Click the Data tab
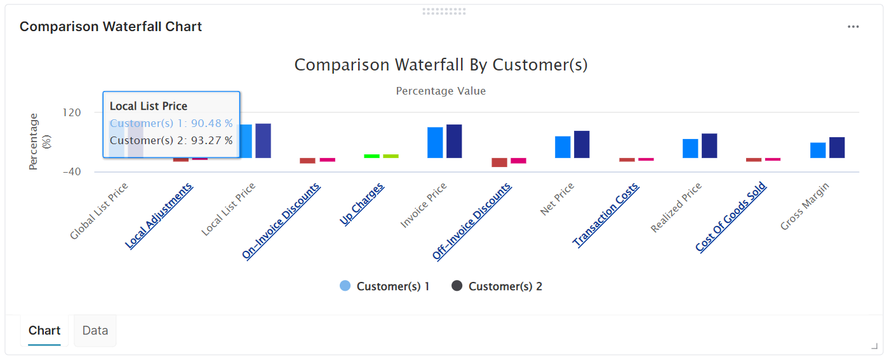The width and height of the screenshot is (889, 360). (95, 330)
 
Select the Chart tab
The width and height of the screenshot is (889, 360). (44, 330)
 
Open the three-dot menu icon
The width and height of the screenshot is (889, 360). (853, 27)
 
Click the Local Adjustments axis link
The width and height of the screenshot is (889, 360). (159, 216)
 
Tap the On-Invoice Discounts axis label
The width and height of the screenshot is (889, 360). (281, 221)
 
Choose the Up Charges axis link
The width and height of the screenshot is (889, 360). (362, 204)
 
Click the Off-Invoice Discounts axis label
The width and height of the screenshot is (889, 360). (472, 221)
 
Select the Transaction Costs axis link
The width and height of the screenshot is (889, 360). (606, 215)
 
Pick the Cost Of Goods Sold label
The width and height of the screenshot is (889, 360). (731, 217)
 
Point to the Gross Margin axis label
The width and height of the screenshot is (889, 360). (805, 206)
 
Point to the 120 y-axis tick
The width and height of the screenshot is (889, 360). (72, 112)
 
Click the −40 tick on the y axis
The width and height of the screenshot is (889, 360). (71, 171)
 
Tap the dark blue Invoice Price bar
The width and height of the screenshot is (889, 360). (454, 141)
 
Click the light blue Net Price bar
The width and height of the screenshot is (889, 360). (563, 147)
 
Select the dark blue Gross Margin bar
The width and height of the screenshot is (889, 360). (837, 147)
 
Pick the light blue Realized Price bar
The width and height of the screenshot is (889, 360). (690, 148)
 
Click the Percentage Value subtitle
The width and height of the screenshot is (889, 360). (441, 91)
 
